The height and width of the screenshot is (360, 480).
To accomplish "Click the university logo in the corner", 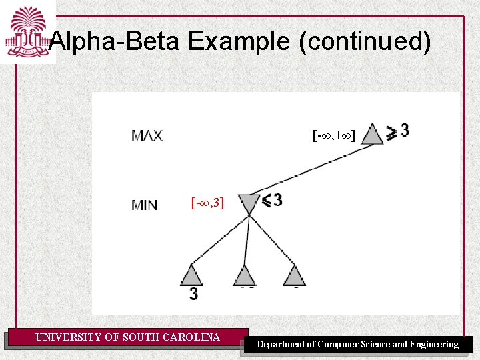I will [27, 31].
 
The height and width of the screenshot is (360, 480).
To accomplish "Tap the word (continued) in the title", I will [365, 42].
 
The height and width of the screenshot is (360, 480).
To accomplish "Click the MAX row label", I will [147, 136].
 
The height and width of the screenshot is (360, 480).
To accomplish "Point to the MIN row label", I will [145, 205].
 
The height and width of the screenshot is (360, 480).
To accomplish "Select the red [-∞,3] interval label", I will [207, 203].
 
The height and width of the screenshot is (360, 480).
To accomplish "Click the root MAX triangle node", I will [372, 135].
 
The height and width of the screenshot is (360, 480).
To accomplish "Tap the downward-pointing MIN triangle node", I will [247, 203].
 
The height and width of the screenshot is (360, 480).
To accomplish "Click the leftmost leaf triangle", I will [191, 275].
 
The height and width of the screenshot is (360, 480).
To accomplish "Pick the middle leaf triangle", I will [244, 275].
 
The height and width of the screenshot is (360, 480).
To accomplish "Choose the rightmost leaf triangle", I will [294, 275].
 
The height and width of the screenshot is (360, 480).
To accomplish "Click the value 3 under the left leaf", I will [193, 293].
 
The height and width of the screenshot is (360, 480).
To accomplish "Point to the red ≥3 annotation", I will [398, 131].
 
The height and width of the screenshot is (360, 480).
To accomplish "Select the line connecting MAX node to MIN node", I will [310, 169].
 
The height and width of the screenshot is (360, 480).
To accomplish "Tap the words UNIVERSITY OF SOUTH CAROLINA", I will [127, 337].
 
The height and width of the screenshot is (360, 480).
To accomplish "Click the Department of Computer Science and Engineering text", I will [358, 345].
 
